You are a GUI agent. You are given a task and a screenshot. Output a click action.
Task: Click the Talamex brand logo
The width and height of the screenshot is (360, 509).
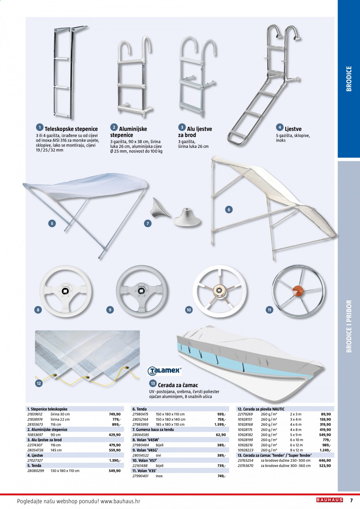[164, 371]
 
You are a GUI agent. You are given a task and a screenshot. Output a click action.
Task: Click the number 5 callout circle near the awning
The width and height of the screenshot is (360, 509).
[52, 223]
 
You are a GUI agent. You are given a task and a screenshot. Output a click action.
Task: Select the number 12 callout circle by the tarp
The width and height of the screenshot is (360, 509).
[39, 383]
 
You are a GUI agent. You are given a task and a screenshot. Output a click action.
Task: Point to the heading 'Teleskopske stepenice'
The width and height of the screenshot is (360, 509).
[71, 129]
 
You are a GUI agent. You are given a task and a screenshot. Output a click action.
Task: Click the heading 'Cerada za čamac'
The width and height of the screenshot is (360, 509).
[178, 385]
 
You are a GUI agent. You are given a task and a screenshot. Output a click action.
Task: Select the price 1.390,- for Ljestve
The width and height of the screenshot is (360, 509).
[115, 461]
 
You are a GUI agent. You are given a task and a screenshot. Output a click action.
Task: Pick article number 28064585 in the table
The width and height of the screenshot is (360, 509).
[141, 435]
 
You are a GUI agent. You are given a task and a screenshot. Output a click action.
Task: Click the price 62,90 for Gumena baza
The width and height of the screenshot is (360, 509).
[221, 435]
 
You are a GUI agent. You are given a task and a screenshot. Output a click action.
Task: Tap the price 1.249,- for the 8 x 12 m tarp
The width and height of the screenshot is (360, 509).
[325, 450]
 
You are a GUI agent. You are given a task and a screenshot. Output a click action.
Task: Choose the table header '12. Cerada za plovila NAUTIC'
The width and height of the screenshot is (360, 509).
[261, 409]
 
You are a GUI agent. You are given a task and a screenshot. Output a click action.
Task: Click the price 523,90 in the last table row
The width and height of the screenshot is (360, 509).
[325, 466]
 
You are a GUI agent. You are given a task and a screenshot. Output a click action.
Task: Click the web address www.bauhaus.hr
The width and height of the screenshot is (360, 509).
[120, 501]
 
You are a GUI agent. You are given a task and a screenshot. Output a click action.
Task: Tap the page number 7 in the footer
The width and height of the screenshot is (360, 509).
[351, 500]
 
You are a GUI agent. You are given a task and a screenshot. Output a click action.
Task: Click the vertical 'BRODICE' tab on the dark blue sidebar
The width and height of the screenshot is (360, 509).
[349, 79]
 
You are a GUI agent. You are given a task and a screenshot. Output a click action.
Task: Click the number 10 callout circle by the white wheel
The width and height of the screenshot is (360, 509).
[189, 310]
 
